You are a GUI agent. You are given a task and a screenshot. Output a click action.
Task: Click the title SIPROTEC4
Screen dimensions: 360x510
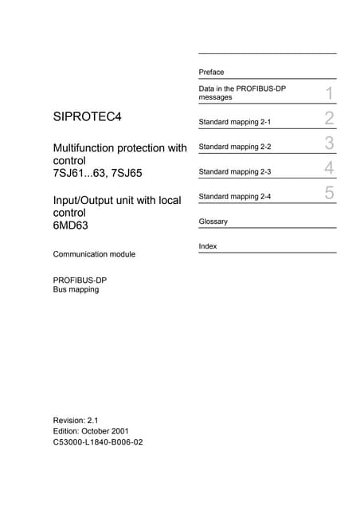(87, 118)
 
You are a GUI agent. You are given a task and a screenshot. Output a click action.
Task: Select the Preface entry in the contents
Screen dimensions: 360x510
(211, 72)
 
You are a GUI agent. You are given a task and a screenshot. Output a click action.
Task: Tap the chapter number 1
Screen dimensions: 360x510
(328, 94)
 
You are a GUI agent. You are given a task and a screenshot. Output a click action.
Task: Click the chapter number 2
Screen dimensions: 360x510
(328, 120)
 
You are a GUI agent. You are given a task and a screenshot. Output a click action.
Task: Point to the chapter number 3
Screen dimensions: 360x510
(328, 144)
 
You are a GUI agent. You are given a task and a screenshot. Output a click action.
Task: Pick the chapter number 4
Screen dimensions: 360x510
(328, 169)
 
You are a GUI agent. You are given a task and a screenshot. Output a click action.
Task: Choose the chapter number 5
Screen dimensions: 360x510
(328, 193)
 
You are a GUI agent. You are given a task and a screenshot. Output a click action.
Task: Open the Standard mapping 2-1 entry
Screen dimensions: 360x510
(235, 122)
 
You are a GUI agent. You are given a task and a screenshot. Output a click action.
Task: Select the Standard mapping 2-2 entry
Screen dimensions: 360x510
(235, 147)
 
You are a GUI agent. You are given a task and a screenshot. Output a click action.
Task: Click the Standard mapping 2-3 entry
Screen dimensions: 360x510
(235, 171)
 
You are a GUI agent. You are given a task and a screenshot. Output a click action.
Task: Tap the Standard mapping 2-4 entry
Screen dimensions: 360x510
(235, 196)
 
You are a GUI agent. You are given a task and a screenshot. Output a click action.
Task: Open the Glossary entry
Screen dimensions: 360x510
(213, 222)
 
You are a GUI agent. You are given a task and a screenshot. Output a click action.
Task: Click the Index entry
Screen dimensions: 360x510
(208, 246)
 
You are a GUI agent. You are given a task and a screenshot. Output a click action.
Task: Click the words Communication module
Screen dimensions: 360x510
(93, 254)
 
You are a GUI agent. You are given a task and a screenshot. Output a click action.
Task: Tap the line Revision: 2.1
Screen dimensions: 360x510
(75, 419)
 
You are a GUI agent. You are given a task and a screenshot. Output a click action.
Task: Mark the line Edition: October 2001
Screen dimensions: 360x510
(90, 430)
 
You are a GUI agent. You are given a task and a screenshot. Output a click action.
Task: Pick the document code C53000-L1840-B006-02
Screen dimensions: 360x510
(97, 441)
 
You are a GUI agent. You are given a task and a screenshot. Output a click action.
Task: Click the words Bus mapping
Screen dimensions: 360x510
(76, 289)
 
